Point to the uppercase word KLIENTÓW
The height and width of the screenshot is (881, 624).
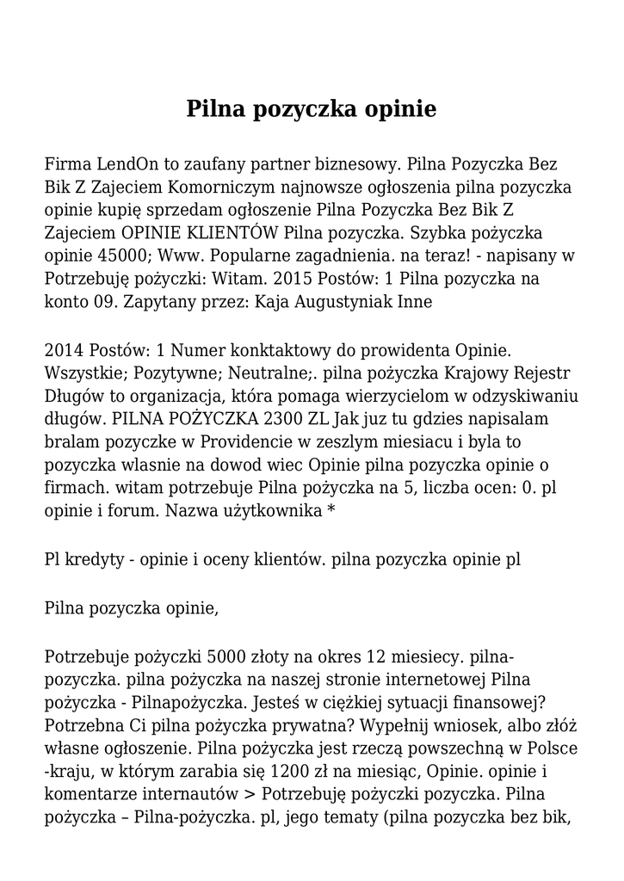[235, 233]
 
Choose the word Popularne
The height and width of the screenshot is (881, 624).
[257, 256]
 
